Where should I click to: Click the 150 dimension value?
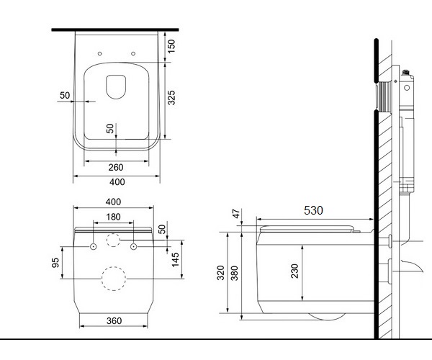coord(171,46)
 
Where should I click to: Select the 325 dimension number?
coord(171,97)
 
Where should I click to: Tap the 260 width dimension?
coord(116,167)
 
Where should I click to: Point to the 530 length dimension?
coord(313,210)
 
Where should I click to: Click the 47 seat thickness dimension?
coord(236,213)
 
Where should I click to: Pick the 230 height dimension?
coord(294,271)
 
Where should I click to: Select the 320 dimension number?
coord(220,273)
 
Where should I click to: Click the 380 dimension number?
coord(234,273)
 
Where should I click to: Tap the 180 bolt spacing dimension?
coord(113,217)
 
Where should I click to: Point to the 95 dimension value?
coord(55,263)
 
